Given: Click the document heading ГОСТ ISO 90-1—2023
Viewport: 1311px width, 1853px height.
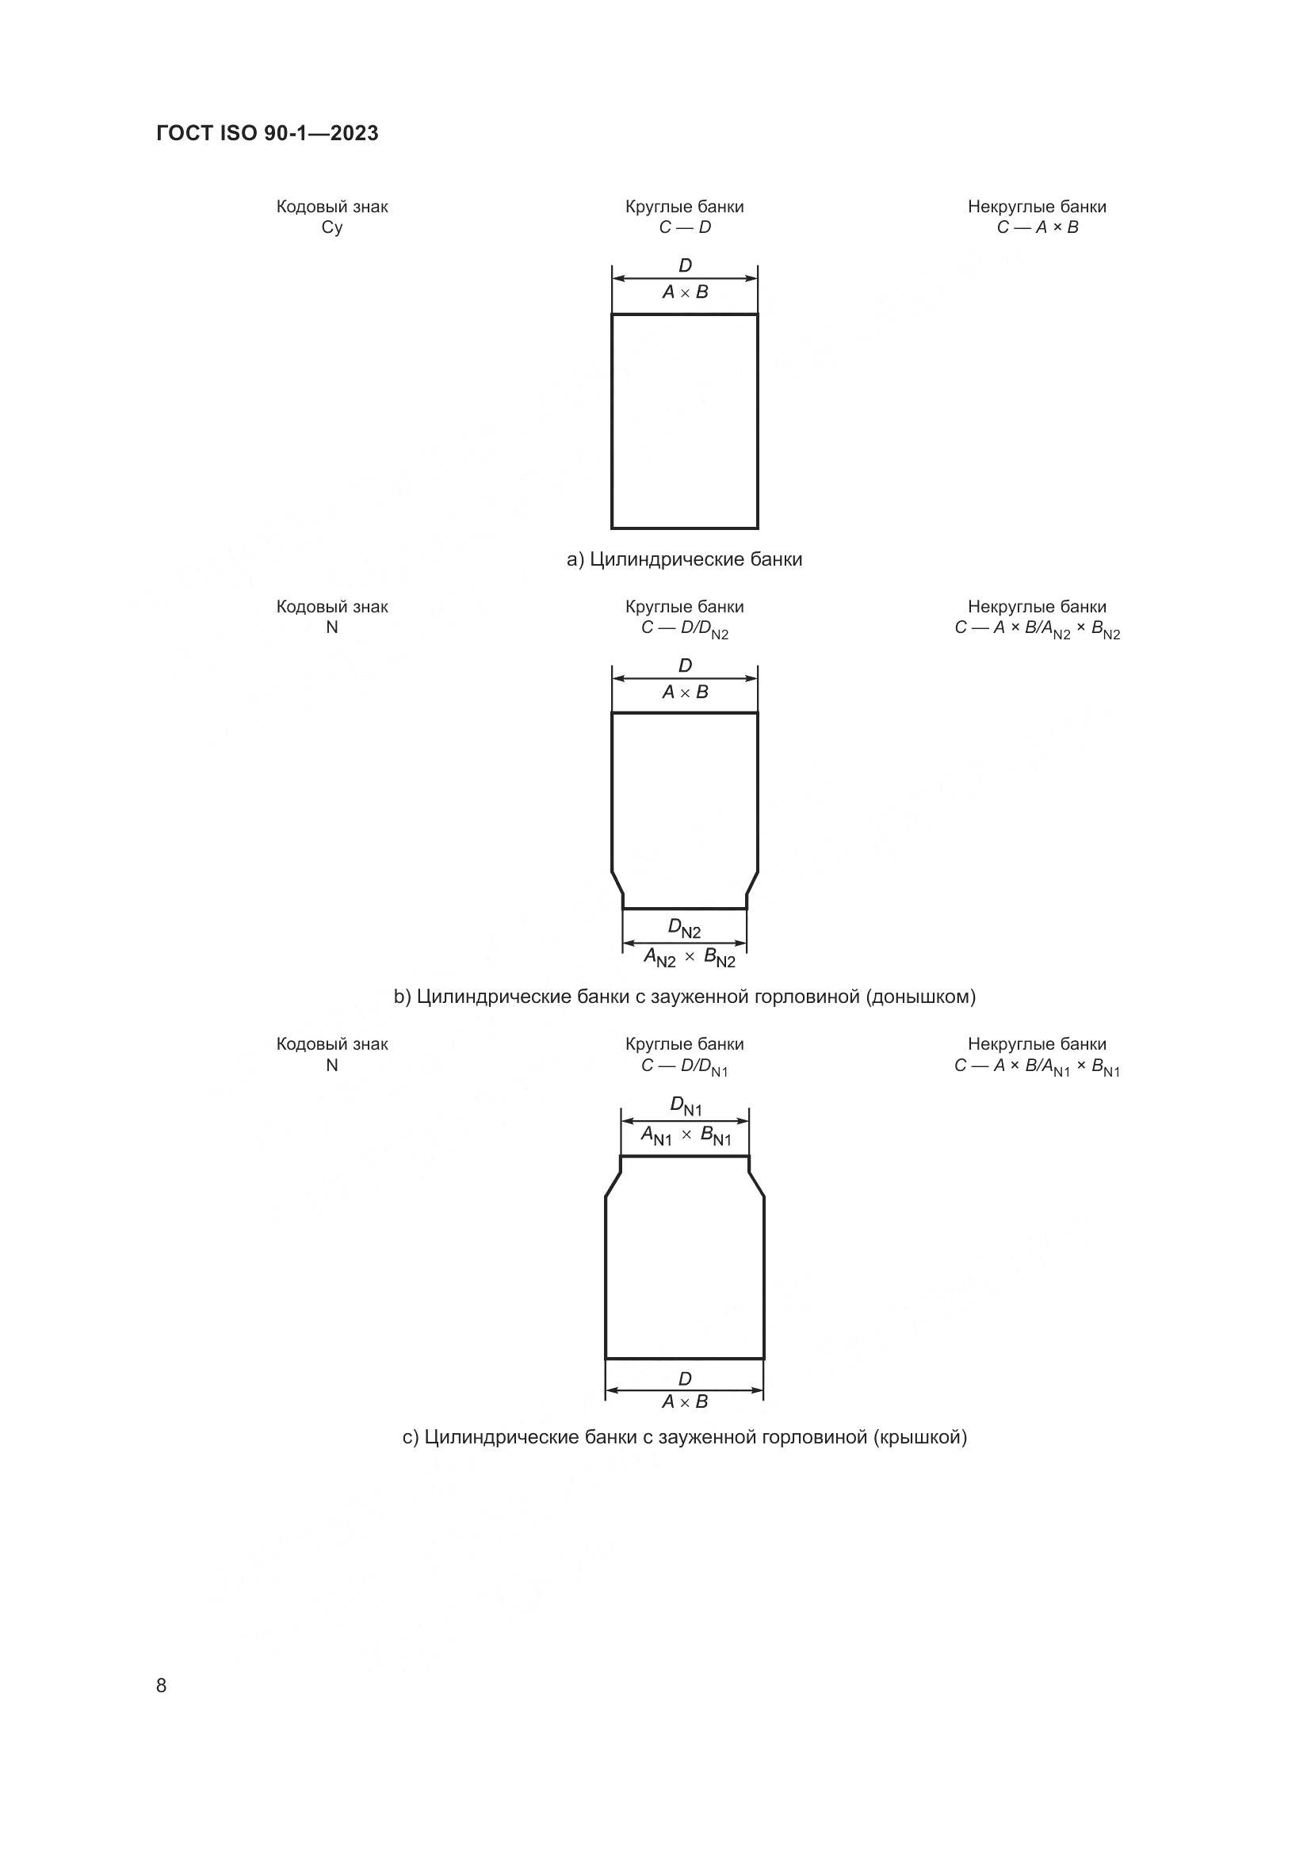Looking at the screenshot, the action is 267,133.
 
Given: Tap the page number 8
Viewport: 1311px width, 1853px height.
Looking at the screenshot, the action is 162,1685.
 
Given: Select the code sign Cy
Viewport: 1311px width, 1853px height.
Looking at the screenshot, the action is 332,227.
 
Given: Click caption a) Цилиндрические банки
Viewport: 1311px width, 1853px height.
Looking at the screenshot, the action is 685,559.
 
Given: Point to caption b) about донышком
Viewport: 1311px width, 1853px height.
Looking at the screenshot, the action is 685,997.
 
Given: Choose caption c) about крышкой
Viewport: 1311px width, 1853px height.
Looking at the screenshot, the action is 685,1437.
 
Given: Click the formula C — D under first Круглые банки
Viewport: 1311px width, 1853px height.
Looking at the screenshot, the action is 685,227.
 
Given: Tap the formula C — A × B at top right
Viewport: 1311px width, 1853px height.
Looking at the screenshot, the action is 1038,227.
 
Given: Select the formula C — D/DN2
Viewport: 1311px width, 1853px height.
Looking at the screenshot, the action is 685,629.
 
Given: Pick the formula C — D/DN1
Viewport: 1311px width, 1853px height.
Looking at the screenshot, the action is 685,1067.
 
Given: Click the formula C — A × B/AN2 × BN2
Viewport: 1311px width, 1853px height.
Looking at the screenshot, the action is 1038,629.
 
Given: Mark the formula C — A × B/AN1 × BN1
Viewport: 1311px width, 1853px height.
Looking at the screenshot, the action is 1038,1067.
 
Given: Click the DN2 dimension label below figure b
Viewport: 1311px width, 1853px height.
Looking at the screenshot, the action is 685,929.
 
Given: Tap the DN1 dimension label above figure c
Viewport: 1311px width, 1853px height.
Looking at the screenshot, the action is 686,1106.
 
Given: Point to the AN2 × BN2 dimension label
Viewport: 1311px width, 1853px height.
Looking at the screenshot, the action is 690,958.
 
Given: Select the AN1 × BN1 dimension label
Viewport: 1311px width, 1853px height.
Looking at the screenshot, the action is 686,1135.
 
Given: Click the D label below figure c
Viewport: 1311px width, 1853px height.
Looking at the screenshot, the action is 685,1378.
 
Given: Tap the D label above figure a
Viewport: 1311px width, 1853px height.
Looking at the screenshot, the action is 686,265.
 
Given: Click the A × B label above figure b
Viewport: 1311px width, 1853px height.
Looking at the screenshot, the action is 686,692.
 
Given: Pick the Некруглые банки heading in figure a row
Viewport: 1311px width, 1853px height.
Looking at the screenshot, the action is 1038,207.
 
